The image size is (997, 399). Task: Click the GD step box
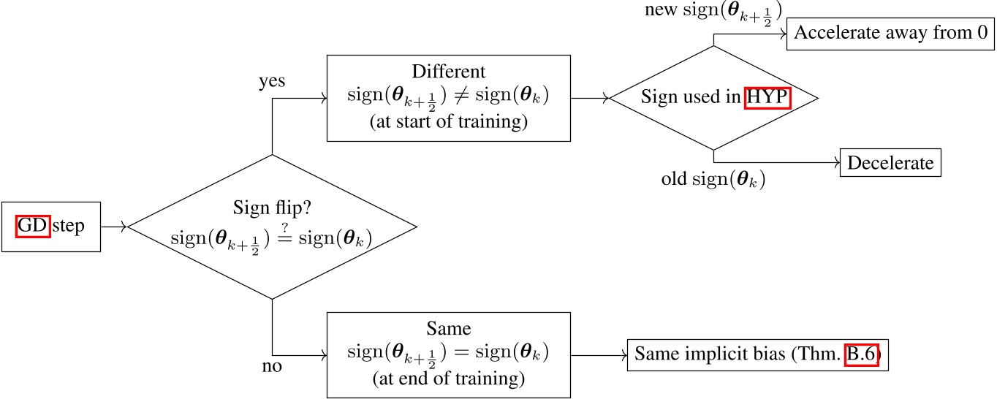(x=51, y=227)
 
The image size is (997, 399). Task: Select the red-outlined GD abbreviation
(x=34, y=227)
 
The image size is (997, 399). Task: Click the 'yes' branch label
(x=272, y=81)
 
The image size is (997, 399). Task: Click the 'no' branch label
(x=272, y=366)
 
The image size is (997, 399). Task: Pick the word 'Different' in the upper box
(x=448, y=72)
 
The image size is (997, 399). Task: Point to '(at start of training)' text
(x=448, y=122)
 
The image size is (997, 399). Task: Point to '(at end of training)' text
(x=448, y=378)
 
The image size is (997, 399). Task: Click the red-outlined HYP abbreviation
(x=767, y=97)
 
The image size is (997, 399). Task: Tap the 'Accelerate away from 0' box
(x=890, y=33)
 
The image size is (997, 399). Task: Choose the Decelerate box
(x=890, y=162)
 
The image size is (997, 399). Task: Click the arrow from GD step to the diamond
(x=114, y=227)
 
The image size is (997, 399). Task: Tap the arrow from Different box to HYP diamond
(x=589, y=97)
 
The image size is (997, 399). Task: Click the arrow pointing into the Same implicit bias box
(x=598, y=357)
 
